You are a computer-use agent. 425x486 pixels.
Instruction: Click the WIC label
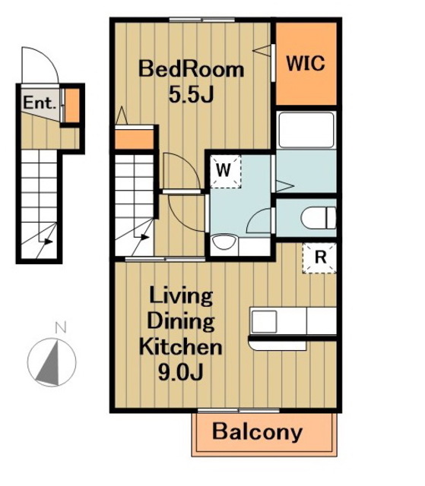(x=306, y=63)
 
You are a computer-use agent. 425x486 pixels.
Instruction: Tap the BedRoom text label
(x=191, y=69)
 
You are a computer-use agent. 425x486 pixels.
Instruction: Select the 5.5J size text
(x=191, y=94)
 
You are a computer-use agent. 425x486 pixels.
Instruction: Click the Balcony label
(x=257, y=431)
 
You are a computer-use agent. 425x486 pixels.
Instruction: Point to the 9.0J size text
(x=181, y=371)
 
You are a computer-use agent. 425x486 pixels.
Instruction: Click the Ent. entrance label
(x=40, y=103)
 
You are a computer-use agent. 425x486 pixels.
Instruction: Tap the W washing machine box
(x=226, y=171)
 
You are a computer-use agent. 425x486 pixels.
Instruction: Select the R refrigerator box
(x=319, y=258)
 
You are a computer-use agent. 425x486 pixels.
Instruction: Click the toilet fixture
(x=319, y=218)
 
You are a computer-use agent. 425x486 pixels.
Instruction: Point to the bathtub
(x=306, y=130)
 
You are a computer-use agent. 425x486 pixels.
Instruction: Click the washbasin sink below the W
(x=224, y=242)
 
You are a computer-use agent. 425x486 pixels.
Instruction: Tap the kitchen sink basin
(x=264, y=321)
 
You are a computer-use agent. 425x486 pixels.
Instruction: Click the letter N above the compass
(x=61, y=327)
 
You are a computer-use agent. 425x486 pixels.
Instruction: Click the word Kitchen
(x=180, y=347)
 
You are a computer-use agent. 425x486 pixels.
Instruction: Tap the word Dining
(x=181, y=321)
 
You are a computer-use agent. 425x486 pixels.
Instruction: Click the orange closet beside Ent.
(x=72, y=106)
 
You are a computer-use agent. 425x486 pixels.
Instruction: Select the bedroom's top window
(x=202, y=20)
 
